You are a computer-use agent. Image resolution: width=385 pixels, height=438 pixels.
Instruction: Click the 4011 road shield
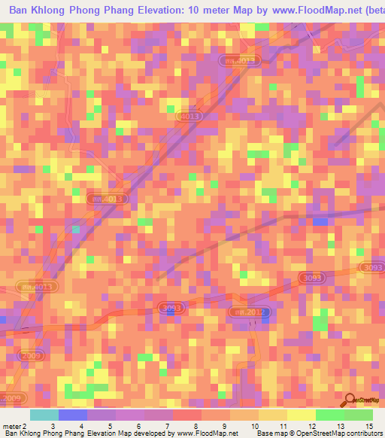[36, 287]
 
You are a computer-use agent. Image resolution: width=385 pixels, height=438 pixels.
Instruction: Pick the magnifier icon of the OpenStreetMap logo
[350, 402]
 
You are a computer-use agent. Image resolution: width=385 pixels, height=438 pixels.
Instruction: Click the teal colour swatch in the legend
[44, 415]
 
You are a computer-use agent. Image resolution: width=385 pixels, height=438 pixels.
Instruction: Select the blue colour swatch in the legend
[73, 415]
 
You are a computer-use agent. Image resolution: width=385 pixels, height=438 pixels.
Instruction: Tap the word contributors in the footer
[364, 433]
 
